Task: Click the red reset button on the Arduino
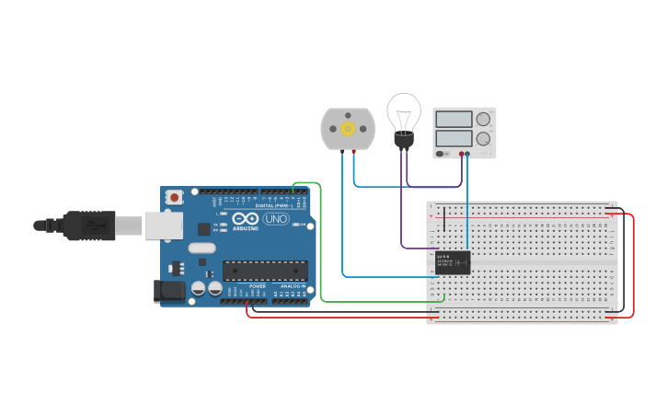174,197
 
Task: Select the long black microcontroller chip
265,271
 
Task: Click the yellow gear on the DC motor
348,129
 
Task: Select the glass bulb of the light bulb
403,110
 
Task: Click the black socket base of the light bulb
403,140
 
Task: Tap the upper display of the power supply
454,119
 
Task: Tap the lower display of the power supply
454,137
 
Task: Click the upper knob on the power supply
483,119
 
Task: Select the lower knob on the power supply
483,138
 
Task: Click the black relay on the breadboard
453,262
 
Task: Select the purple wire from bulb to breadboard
402,212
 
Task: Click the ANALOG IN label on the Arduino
293,286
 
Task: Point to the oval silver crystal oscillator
201,248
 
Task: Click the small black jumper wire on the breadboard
444,219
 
